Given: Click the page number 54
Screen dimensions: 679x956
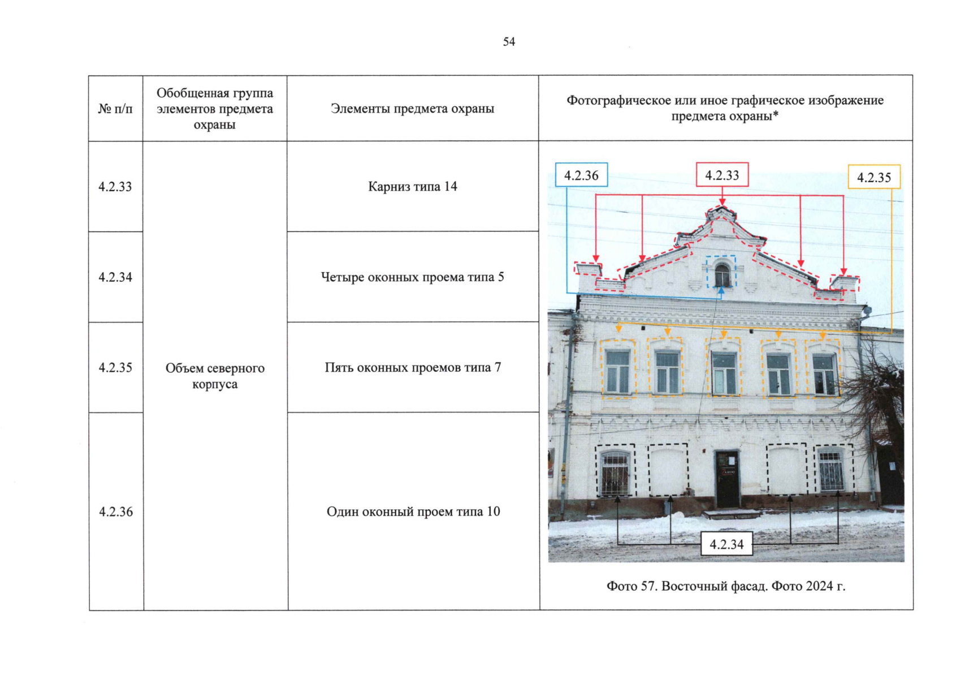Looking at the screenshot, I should tap(509, 42).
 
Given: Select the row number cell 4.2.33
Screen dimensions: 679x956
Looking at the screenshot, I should tap(115, 187).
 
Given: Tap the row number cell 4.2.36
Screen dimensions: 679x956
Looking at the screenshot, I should tap(116, 512).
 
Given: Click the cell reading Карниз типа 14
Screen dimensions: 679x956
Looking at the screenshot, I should tap(412, 187).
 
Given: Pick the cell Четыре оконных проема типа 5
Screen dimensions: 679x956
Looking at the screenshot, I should tap(412, 277).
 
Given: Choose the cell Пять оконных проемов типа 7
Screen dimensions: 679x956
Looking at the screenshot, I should tap(412, 368).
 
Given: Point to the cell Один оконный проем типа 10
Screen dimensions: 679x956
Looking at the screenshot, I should tap(413, 512).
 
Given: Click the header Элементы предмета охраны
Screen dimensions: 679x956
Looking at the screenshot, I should tap(412, 109).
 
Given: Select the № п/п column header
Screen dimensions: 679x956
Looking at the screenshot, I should tap(115, 109).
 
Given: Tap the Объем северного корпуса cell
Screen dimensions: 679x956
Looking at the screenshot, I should tap(215, 376).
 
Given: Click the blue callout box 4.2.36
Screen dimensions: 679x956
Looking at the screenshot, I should tap(581, 175).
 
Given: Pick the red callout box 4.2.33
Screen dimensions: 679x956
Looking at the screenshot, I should tap(722, 175).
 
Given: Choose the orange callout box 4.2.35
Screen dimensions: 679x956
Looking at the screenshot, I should tap(873, 177).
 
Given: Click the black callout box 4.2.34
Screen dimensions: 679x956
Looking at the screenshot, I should tap(726, 544).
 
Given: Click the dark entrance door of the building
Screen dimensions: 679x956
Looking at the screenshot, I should tap(727, 479).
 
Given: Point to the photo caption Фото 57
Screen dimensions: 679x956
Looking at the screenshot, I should tap(726, 586).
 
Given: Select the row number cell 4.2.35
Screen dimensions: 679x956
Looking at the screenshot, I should tap(115, 368).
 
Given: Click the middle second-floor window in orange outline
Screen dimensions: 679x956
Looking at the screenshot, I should tap(724, 373).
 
